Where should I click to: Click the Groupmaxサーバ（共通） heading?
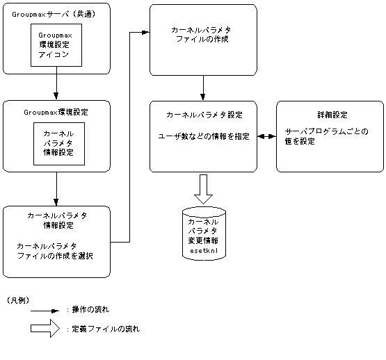pos(56,13)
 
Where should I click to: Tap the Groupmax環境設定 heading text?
pos(56,111)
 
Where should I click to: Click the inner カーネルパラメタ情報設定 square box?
pos(59,145)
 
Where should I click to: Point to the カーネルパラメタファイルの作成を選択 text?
pos(56,251)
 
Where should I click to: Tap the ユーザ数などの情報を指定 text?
pos(204,136)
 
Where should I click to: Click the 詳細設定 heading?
pos(330,114)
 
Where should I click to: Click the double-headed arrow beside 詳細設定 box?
pos(266,137)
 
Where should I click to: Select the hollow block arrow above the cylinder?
pos(203,189)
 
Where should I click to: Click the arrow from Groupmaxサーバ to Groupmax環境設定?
pos(56,87)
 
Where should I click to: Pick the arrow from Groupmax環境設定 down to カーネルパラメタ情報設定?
pos(56,188)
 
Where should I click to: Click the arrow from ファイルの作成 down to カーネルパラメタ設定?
pos(203,88)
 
